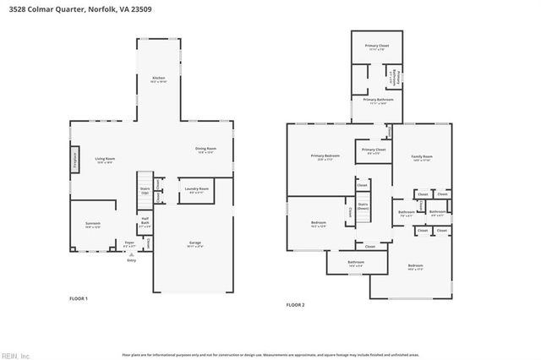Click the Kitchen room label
point(158,79)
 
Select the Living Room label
point(105,160)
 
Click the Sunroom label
point(92,225)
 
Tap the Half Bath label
point(145,225)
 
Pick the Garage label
point(195,245)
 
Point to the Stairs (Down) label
point(363,205)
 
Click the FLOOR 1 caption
point(79,298)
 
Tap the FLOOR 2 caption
point(295,304)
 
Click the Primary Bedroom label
point(325,156)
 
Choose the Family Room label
point(421,158)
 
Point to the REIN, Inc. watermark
point(15,355)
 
